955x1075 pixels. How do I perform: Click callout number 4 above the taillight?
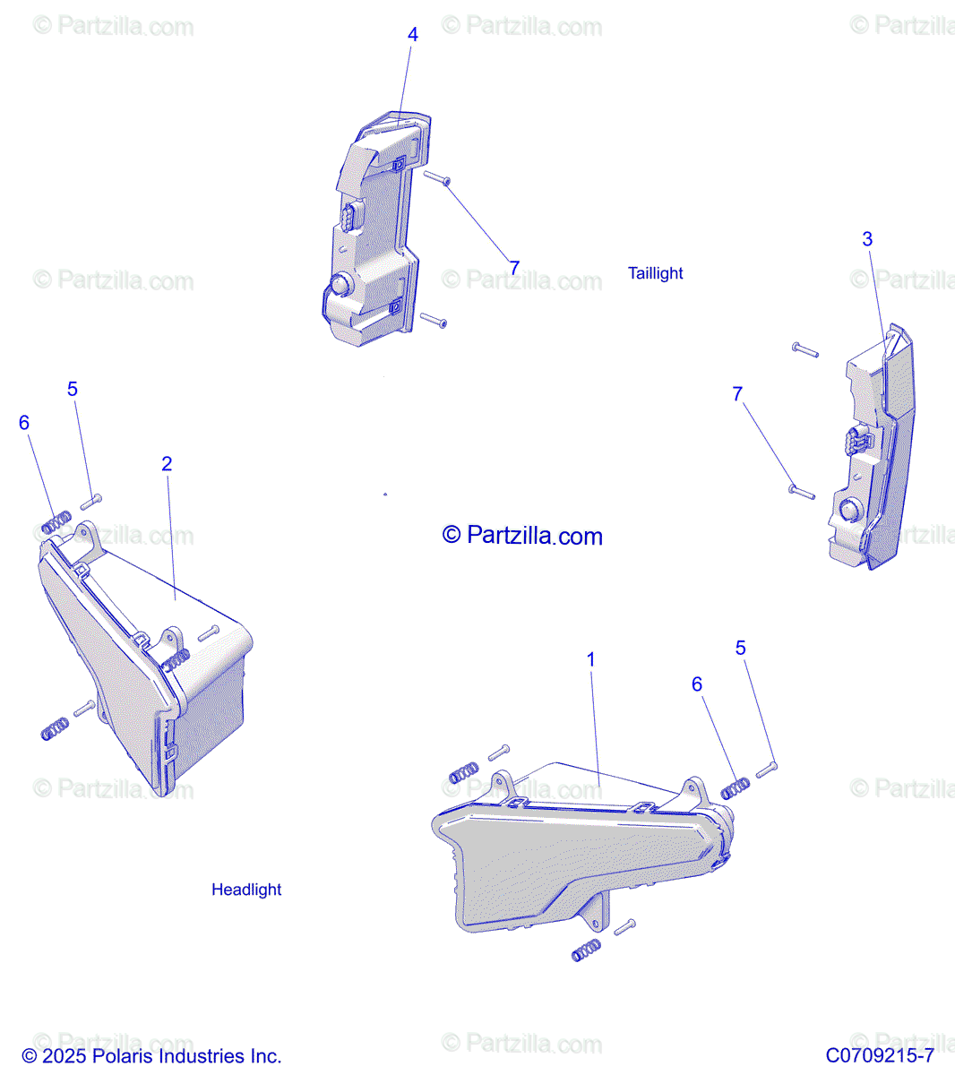(x=412, y=35)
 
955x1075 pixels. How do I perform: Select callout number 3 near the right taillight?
(x=867, y=239)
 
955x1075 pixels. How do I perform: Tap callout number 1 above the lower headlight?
(x=590, y=659)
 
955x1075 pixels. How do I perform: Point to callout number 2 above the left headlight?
(x=167, y=464)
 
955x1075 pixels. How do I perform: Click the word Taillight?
(x=655, y=273)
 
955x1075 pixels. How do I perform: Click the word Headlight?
(x=246, y=890)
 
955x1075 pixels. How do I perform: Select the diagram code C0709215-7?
(x=880, y=1056)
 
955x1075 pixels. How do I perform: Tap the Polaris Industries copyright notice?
(x=151, y=1056)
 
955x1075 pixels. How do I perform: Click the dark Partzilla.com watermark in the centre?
(x=523, y=536)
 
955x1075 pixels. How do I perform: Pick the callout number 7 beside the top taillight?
(x=514, y=268)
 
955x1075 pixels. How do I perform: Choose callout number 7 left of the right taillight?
(x=737, y=394)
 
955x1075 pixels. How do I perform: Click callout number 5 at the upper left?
(x=73, y=389)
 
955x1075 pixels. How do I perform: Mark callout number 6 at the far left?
(x=24, y=423)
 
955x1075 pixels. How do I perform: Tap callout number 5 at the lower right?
(x=740, y=648)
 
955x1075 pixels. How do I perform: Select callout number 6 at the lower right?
(x=697, y=684)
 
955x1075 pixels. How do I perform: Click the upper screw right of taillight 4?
(x=437, y=178)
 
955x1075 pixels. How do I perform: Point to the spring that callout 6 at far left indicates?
(x=56, y=522)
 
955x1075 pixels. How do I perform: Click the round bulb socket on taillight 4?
(x=340, y=285)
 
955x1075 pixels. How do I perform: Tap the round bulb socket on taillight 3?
(x=847, y=512)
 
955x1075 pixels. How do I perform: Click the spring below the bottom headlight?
(x=586, y=950)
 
